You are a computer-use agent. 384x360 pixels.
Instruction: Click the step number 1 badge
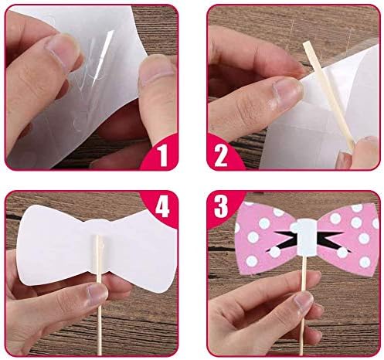161,155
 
